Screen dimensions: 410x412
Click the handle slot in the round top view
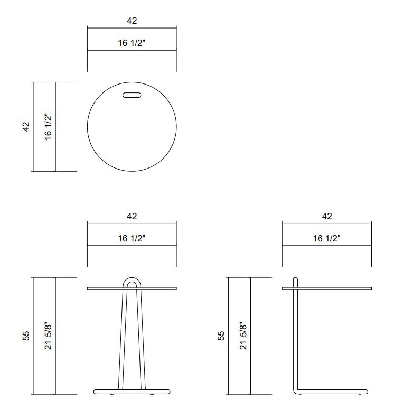coord(132,95)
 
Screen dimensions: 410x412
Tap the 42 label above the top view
coord(132,21)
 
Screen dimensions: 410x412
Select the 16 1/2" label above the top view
coord(132,43)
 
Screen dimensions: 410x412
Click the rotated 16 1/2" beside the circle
coord(48,127)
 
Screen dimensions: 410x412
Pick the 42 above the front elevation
coord(132,216)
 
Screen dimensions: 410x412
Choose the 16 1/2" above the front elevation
coord(132,239)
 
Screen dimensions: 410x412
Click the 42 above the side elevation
coord(327,216)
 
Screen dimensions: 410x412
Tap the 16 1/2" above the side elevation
coord(327,239)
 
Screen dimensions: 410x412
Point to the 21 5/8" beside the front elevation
coord(48,336)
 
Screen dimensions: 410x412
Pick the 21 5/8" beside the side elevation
coord(244,336)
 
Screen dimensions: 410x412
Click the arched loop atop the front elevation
coord(132,279)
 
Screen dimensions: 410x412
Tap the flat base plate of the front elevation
coord(132,392)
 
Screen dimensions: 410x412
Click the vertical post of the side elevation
coord(296,338)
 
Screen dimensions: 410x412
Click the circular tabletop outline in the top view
coord(88,127)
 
